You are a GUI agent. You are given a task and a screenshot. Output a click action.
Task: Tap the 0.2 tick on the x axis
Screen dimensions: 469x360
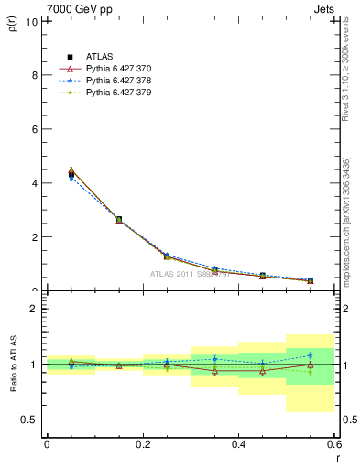[142, 444]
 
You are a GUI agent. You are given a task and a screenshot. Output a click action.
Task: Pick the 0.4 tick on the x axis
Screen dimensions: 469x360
[238, 444]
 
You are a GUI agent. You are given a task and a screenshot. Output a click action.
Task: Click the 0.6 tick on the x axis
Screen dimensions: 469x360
[334, 444]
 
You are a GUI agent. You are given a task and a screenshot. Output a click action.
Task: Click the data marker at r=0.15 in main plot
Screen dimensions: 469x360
[118, 220]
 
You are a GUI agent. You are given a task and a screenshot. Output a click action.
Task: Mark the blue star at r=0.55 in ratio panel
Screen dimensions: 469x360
[311, 355]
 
